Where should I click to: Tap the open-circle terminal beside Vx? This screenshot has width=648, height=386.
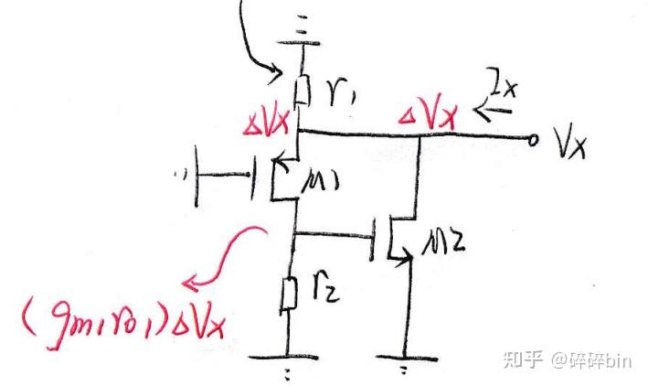point(534,139)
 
